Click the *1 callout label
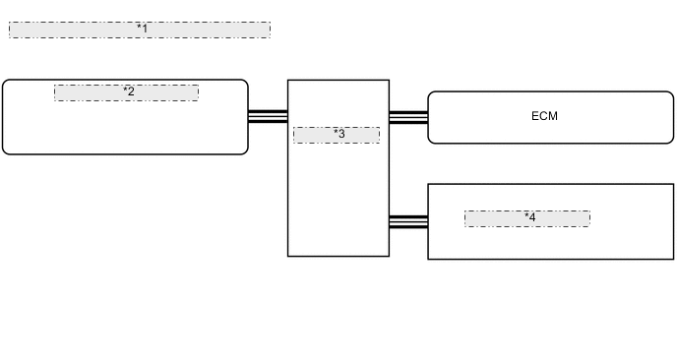click(143, 30)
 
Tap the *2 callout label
click(129, 91)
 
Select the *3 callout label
click(338, 134)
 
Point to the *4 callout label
click(529, 217)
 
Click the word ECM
click(544, 116)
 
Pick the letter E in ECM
click(535, 116)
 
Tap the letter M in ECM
click(553, 116)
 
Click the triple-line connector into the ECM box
click(408, 117)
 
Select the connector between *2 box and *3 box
click(268, 116)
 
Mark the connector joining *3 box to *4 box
click(408, 221)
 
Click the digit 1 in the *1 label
click(145, 30)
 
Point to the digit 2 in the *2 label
click(131, 91)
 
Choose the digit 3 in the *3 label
click(341, 134)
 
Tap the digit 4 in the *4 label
click(532, 217)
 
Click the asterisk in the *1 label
click(139, 28)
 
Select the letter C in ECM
click(543, 116)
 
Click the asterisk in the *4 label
click(525, 215)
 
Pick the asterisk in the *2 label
click(125, 90)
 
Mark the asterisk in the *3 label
click(335, 132)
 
